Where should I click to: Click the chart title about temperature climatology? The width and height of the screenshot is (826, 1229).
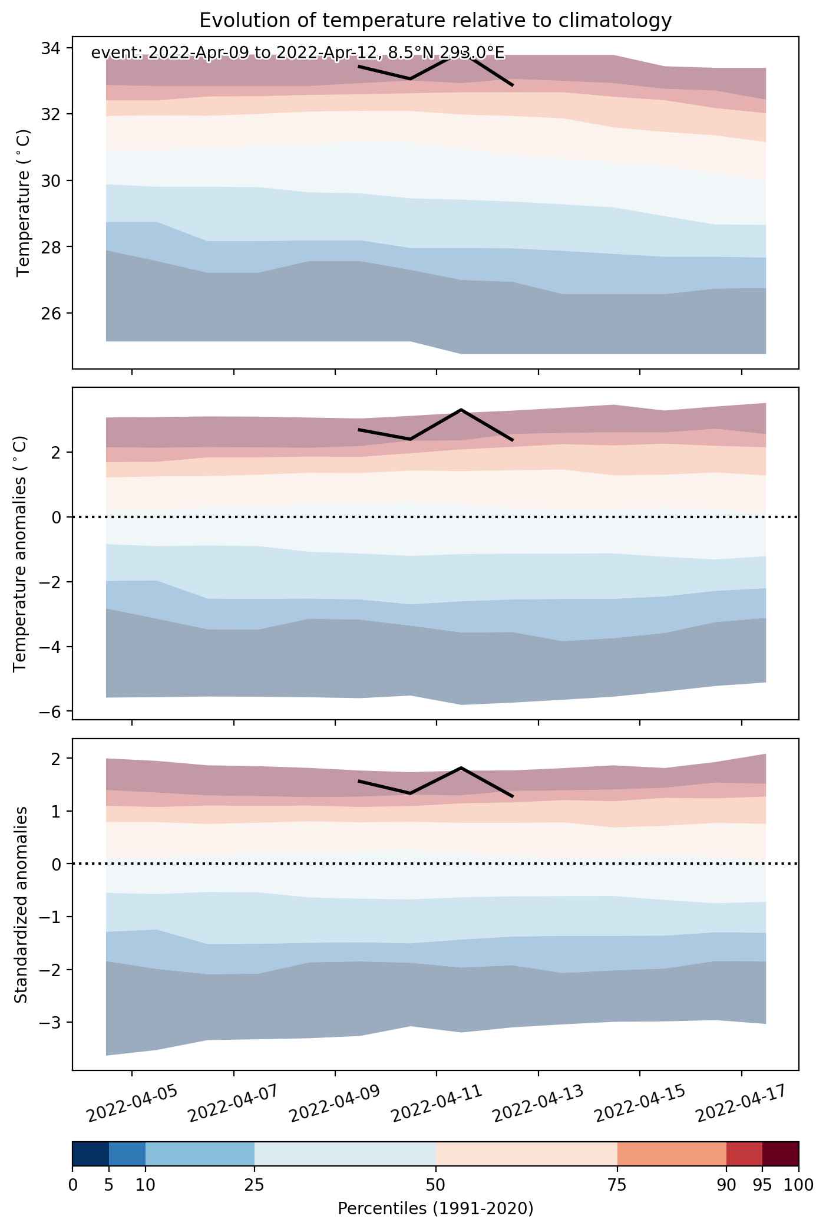(435, 21)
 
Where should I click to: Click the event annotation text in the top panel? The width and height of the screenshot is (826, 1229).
(298, 53)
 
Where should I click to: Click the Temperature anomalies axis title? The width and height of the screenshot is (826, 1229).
(20, 553)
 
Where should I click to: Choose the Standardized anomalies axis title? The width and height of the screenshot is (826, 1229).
(20, 905)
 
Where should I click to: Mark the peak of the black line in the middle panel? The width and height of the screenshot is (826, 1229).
(461, 409)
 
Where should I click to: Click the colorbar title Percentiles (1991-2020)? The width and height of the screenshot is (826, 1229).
(435, 1209)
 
